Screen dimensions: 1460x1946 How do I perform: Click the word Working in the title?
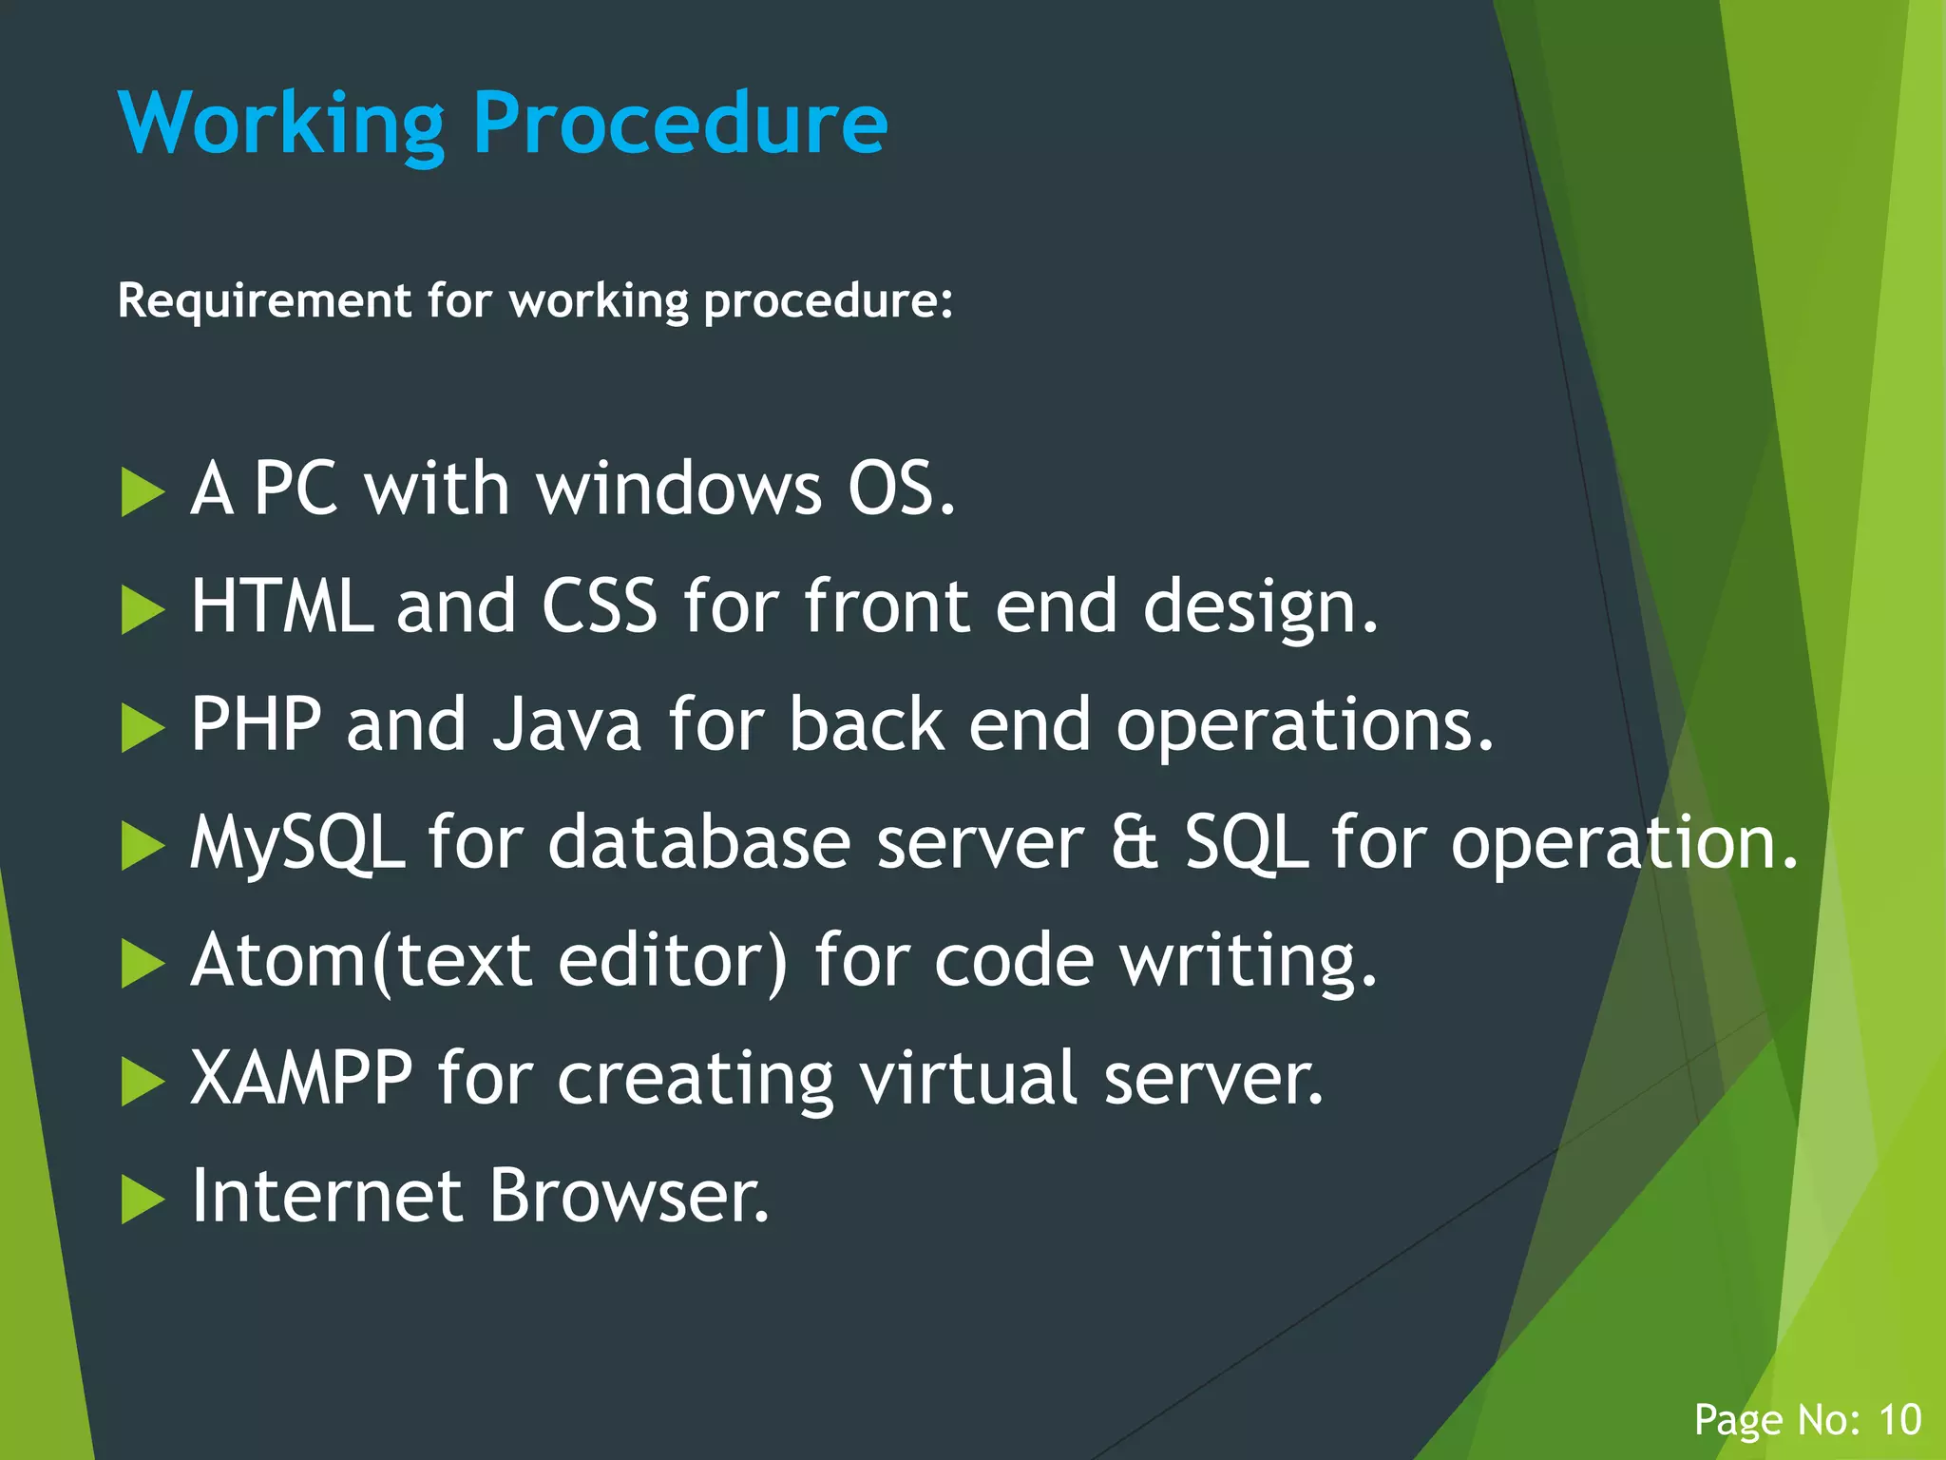tap(281, 124)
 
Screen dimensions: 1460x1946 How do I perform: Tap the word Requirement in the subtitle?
tap(264, 300)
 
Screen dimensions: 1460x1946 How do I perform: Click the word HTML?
tap(281, 606)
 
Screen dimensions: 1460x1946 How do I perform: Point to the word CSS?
tap(599, 606)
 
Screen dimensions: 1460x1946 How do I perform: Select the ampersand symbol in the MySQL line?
tap(1135, 842)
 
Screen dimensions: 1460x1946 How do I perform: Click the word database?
tap(699, 842)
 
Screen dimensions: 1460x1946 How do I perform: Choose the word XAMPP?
tap(301, 1078)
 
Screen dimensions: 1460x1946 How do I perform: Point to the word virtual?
tap(969, 1078)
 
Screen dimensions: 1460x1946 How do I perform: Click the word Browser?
tap(628, 1196)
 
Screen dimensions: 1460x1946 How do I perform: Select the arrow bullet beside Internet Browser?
tap(143, 1200)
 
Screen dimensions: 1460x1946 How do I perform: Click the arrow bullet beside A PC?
tap(143, 492)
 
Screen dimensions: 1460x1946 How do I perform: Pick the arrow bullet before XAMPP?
tap(143, 1082)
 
